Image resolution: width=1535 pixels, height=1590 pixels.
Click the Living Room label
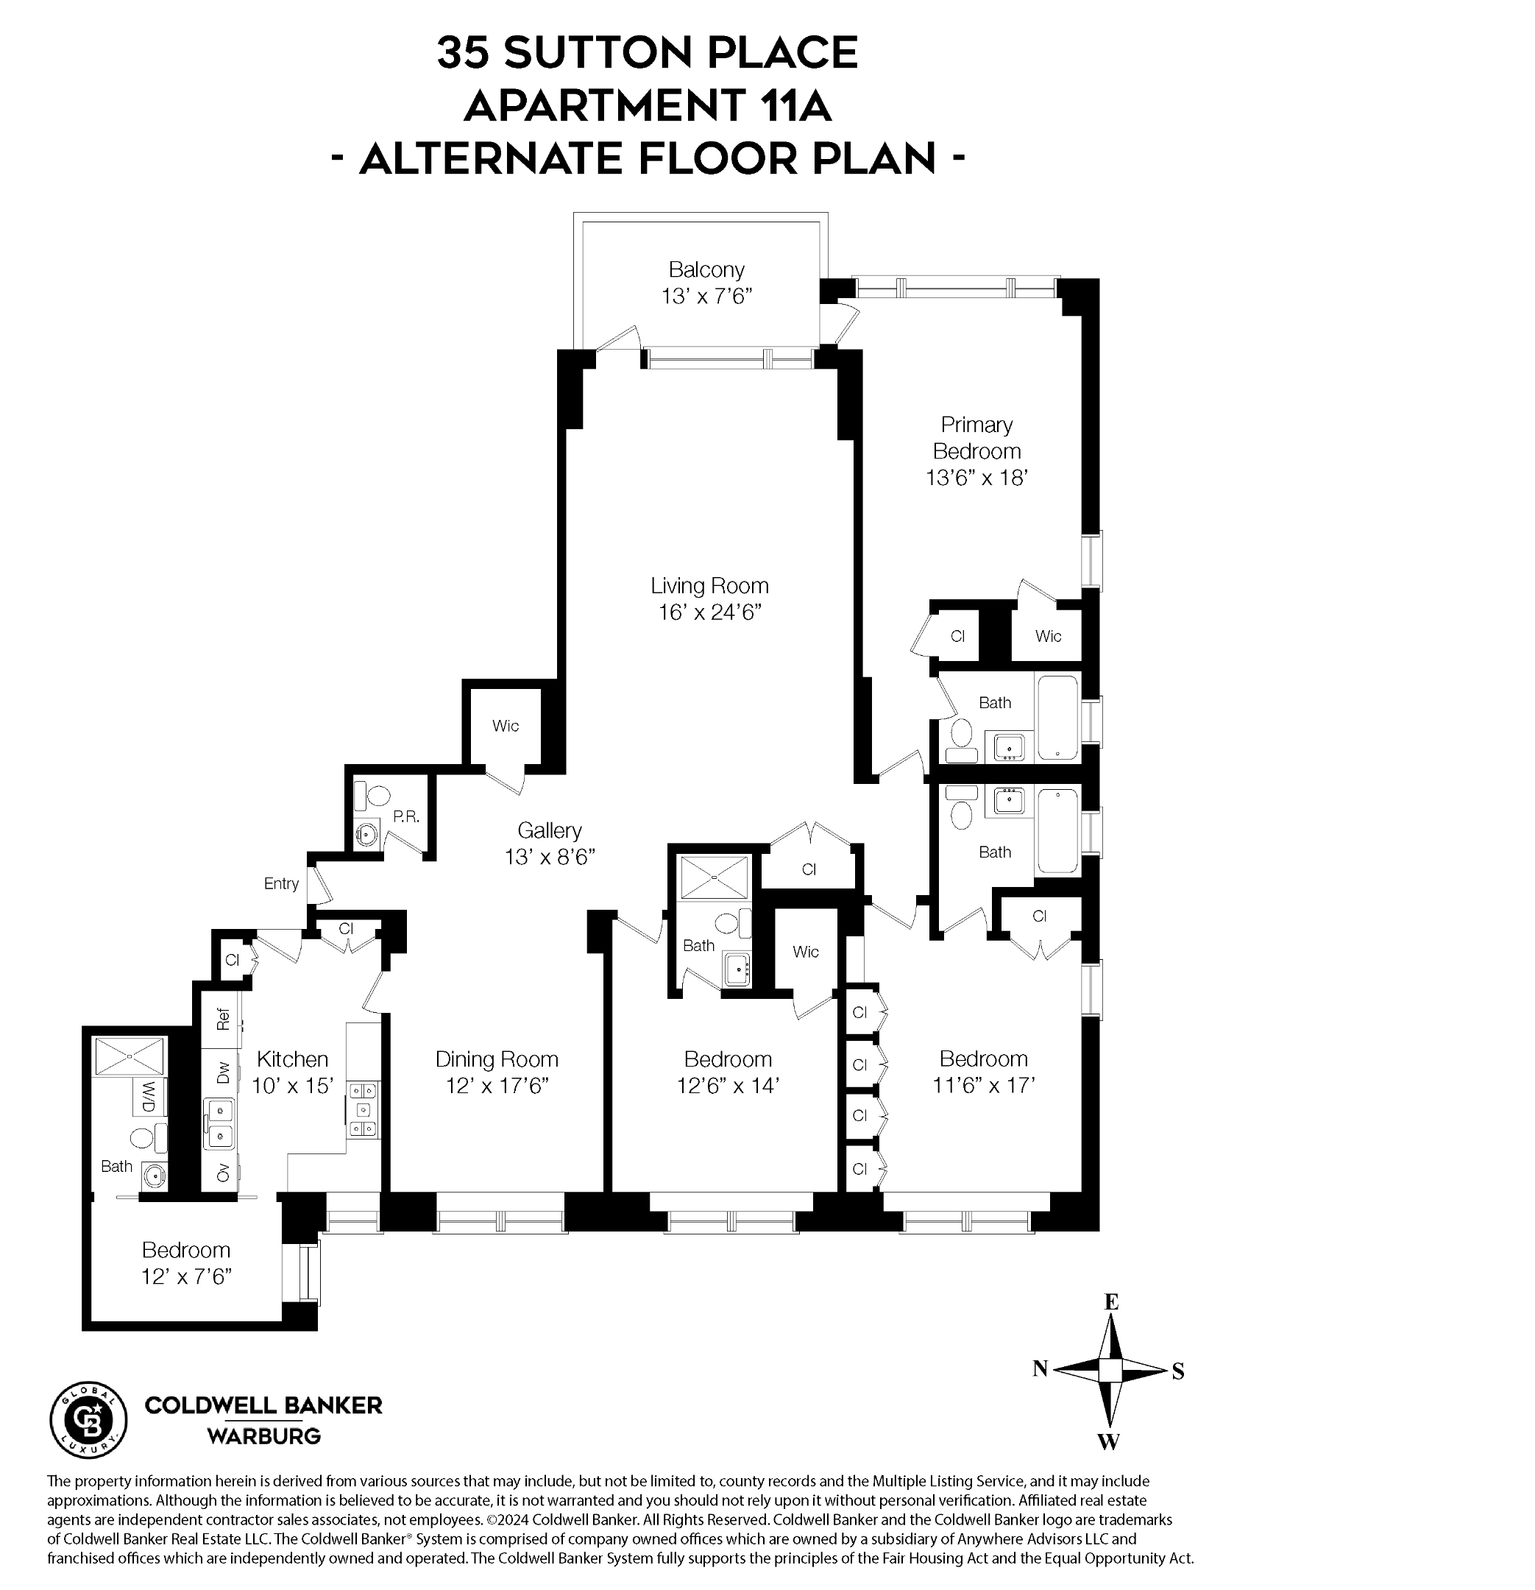click(709, 586)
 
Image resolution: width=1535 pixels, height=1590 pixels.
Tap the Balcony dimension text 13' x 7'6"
click(707, 296)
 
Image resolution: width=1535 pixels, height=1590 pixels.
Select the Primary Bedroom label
click(976, 438)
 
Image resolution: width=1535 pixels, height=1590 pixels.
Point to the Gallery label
click(550, 830)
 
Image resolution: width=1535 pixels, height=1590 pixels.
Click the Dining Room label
click(497, 1059)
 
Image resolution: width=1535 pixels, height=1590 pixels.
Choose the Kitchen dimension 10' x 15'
click(293, 1086)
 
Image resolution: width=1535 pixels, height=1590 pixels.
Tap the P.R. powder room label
click(406, 817)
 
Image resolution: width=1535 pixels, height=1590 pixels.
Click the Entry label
click(281, 883)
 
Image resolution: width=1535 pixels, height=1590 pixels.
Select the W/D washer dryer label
click(149, 1097)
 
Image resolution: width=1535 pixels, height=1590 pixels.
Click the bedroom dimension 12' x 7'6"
click(186, 1277)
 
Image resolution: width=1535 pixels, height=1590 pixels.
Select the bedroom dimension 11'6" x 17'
click(984, 1086)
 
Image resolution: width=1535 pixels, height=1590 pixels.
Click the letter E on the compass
click(1112, 1302)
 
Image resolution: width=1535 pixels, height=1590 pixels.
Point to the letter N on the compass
click(1041, 1369)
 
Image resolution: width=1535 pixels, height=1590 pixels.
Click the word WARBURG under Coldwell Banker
click(263, 1436)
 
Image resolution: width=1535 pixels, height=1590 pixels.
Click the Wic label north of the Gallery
click(506, 726)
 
